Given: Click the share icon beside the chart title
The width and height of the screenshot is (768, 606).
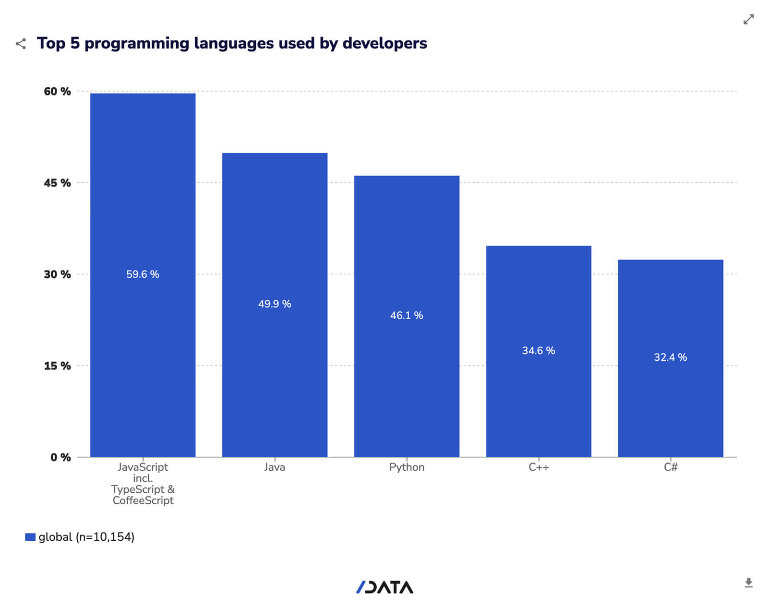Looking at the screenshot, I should click(21, 44).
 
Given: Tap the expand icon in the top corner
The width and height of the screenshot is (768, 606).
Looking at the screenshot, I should click(748, 19).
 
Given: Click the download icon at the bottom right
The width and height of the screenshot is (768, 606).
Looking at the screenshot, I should click(748, 583).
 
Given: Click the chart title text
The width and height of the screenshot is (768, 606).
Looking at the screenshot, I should click(232, 43).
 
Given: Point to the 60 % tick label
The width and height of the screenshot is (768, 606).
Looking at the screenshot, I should click(57, 91).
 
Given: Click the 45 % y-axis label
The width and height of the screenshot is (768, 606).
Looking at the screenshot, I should click(57, 183).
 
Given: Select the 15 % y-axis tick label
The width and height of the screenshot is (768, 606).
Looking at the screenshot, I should click(57, 366).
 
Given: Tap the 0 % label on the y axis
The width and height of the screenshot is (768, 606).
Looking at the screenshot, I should click(60, 457).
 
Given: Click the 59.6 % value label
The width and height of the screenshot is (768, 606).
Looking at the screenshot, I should click(143, 274).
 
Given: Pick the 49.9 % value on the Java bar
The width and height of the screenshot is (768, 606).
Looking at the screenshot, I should click(275, 304).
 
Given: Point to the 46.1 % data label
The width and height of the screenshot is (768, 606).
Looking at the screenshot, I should click(407, 315).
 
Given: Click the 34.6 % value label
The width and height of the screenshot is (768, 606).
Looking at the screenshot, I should click(539, 351).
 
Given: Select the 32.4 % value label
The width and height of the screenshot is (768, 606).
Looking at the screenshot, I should click(671, 357).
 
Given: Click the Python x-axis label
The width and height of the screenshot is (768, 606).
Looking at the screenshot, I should click(407, 467).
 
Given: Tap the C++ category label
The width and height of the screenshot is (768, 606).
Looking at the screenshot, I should click(539, 467).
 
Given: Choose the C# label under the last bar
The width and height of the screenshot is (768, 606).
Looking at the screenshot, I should click(671, 467).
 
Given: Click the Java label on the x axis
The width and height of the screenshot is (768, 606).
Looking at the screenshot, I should click(275, 467).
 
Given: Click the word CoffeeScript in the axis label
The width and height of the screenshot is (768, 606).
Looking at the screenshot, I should click(143, 500).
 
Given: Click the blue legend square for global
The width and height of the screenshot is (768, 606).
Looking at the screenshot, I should click(30, 537).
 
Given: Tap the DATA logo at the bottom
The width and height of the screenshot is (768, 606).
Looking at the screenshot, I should click(384, 587).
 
